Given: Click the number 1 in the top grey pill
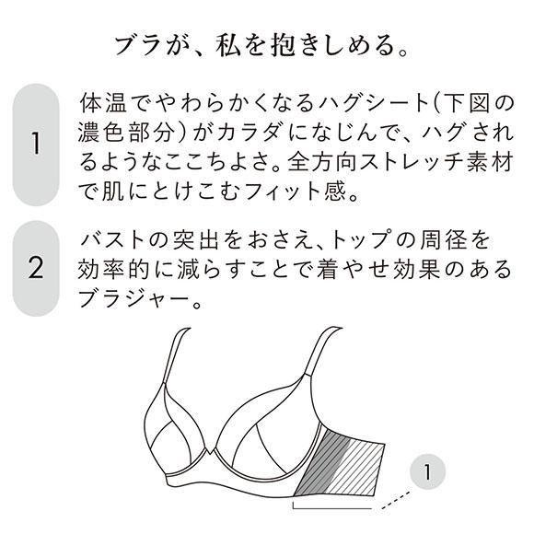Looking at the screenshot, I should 37,145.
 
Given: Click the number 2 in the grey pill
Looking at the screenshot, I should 37,268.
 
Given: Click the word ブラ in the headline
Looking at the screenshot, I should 135,44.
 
